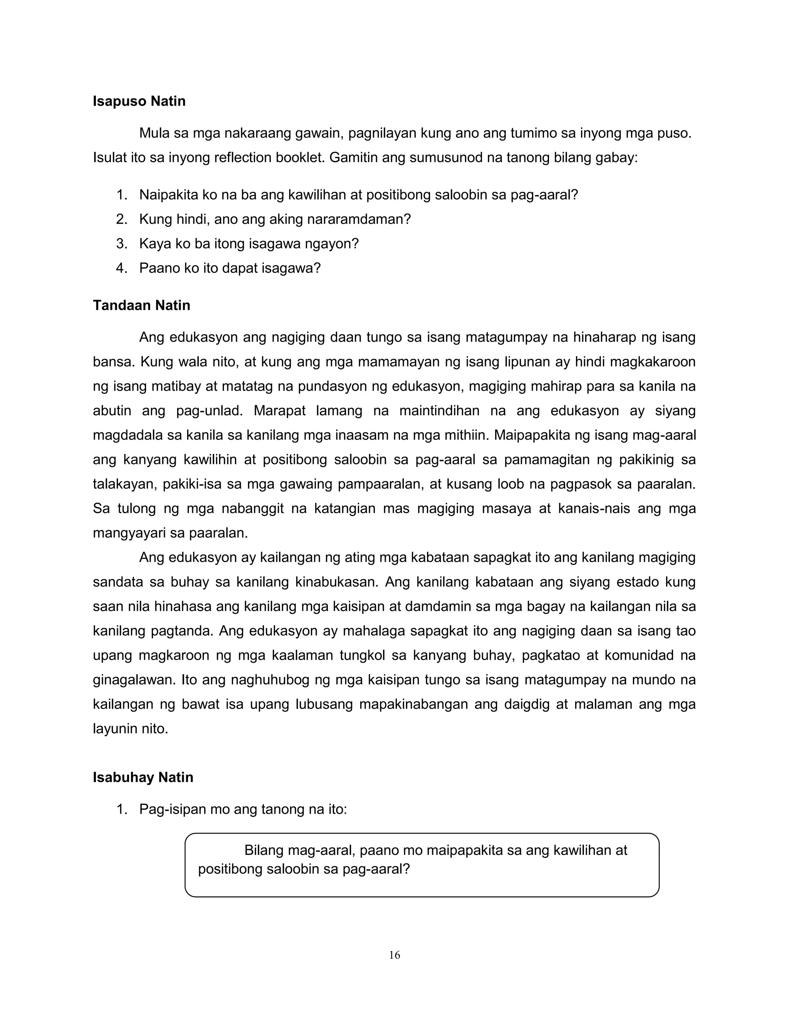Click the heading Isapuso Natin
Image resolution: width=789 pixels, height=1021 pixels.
pos(139,101)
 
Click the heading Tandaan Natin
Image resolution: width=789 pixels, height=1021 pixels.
pos(141,305)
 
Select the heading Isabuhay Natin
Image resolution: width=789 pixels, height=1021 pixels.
pos(143,778)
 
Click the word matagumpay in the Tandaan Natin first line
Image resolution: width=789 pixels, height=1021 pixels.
pos(506,337)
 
